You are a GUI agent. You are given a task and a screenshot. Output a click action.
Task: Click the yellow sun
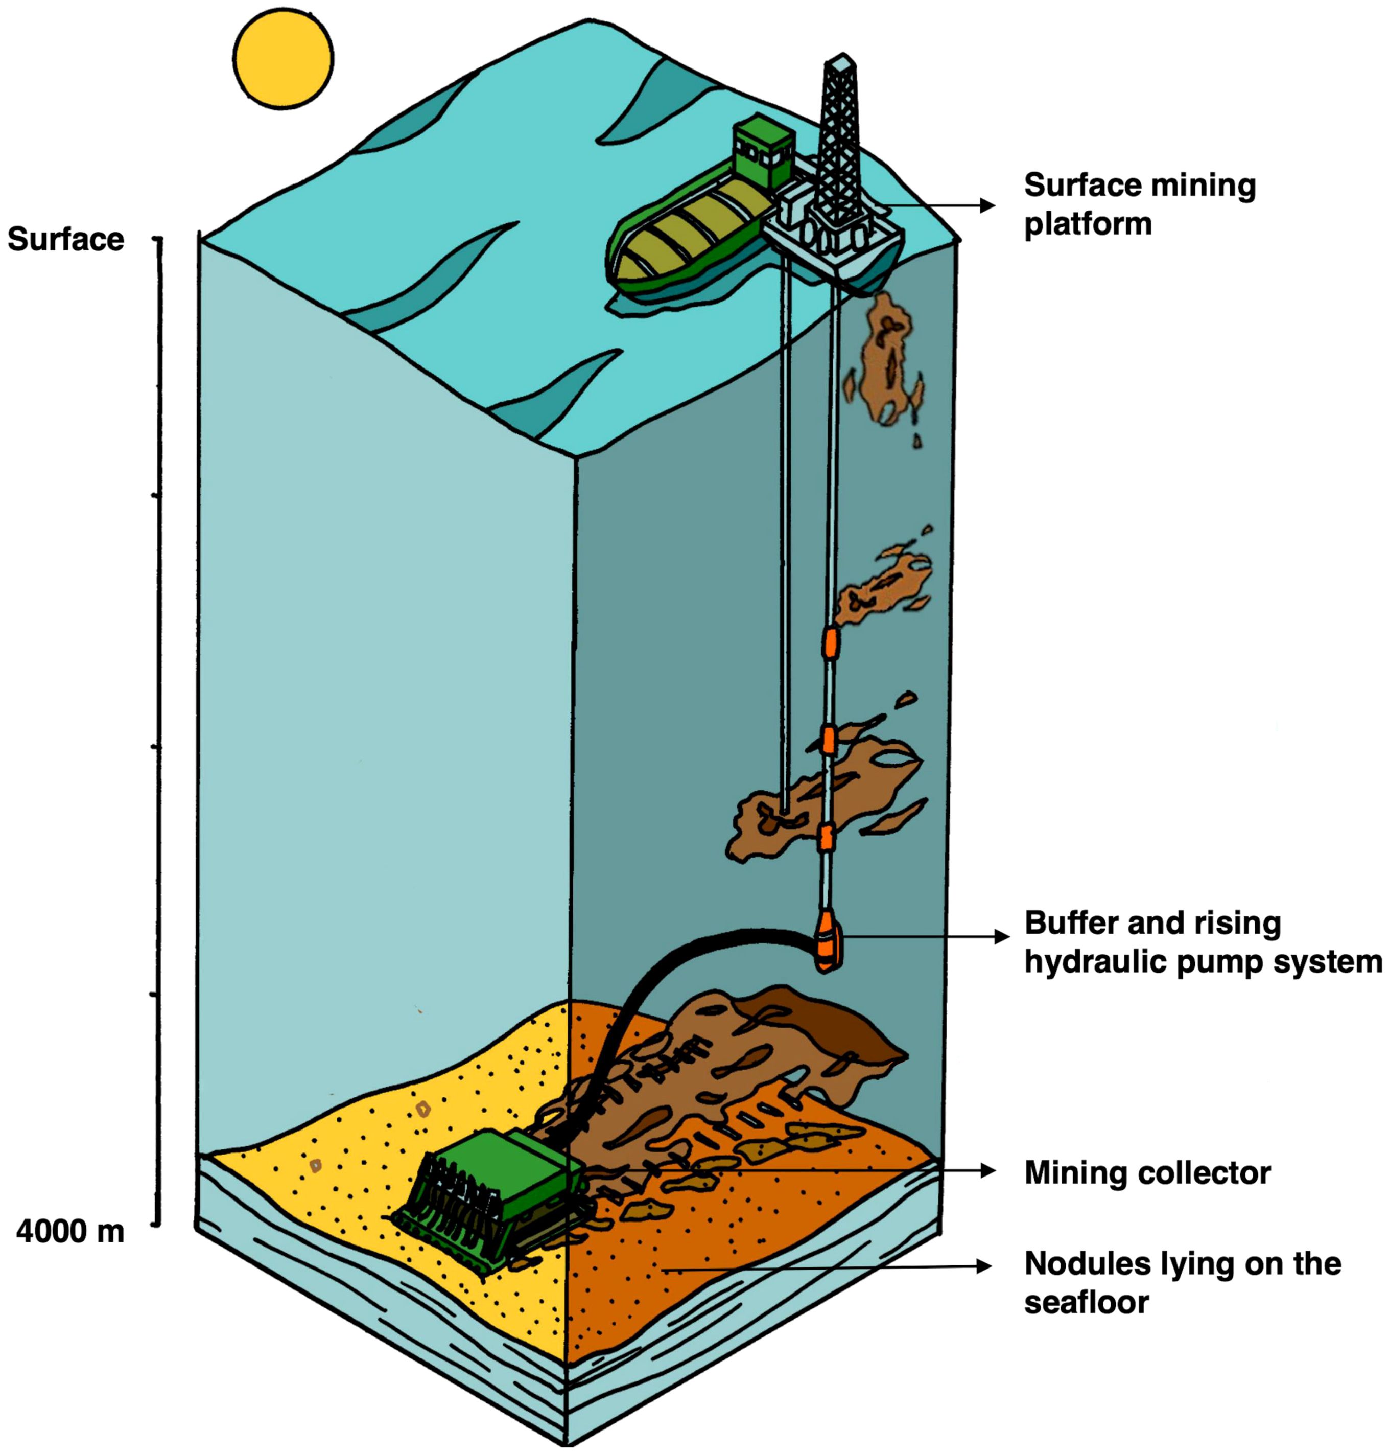[x=283, y=58]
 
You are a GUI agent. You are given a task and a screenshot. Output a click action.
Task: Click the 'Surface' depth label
[x=66, y=240]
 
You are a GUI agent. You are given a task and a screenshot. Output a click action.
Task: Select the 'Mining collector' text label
[x=1147, y=1173]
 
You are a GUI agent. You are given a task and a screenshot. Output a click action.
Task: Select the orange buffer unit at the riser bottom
[x=827, y=942]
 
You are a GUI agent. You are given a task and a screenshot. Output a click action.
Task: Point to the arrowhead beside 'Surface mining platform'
[x=987, y=205]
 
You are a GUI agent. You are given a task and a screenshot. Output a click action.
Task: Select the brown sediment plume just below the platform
[x=888, y=356]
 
